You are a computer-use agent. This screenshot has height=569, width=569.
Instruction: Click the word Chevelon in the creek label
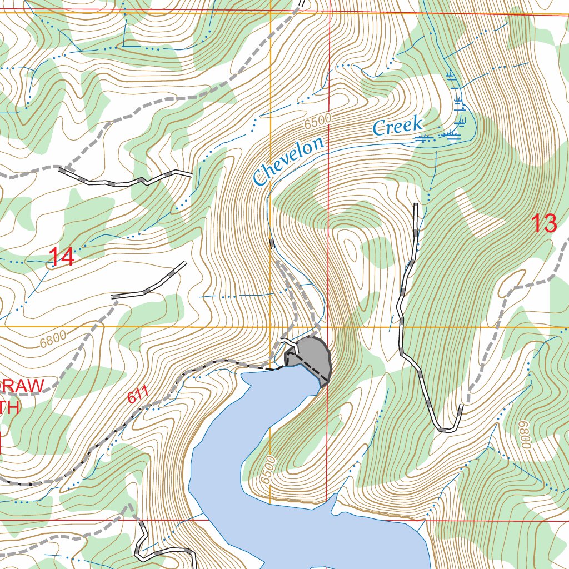(288, 161)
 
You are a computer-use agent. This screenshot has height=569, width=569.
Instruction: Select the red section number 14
(61, 257)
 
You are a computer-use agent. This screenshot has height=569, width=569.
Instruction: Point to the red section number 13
(544, 223)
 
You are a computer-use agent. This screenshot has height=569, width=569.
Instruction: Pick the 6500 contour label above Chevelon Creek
(318, 121)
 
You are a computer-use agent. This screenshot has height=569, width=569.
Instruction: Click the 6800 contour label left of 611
(53, 338)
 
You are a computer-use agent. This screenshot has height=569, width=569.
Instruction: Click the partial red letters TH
(9, 407)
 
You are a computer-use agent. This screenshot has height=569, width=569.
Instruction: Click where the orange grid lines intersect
(271, 327)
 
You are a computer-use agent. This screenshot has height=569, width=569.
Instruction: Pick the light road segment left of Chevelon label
(128, 181)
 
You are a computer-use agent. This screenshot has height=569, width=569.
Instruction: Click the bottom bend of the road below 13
(448, 429)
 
